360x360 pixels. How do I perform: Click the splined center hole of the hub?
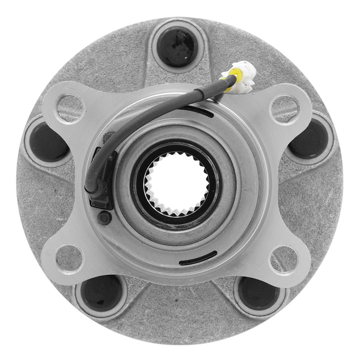pos(176,184)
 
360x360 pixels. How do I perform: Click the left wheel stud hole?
pos(49,141)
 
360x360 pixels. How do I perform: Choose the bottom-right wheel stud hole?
pos(258,292)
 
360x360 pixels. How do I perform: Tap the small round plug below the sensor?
pos(105,217)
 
